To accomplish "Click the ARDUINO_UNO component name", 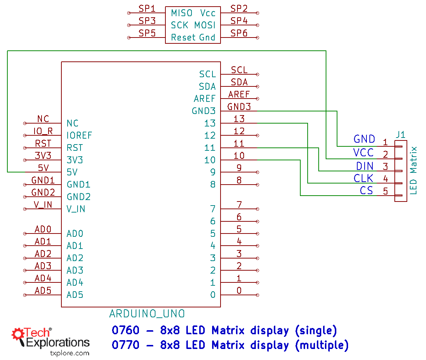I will point(147,314).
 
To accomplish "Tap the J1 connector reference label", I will point(400,135).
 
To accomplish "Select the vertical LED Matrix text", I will point(414,170).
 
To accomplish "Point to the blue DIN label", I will point(365,166).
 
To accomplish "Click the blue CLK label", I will point(363,178).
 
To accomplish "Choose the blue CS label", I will point(366,190).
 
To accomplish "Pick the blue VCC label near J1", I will point(363,153).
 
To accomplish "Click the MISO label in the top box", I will point(182,13).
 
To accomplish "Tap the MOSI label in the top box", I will point(205,25).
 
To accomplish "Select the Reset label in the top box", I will point(183,37).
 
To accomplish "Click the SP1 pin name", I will point(147,8).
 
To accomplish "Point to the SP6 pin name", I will point(239,33).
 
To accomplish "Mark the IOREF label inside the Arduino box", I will point(79,135).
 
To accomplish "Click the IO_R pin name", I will point(43,131).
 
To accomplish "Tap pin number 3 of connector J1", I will point(385,167).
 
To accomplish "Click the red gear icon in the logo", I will point(18,334).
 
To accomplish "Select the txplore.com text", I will point(69,353).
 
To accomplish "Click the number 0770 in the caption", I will point(126,345).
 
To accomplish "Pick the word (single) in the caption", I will point(316,331).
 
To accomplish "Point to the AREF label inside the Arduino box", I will point(204,99).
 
